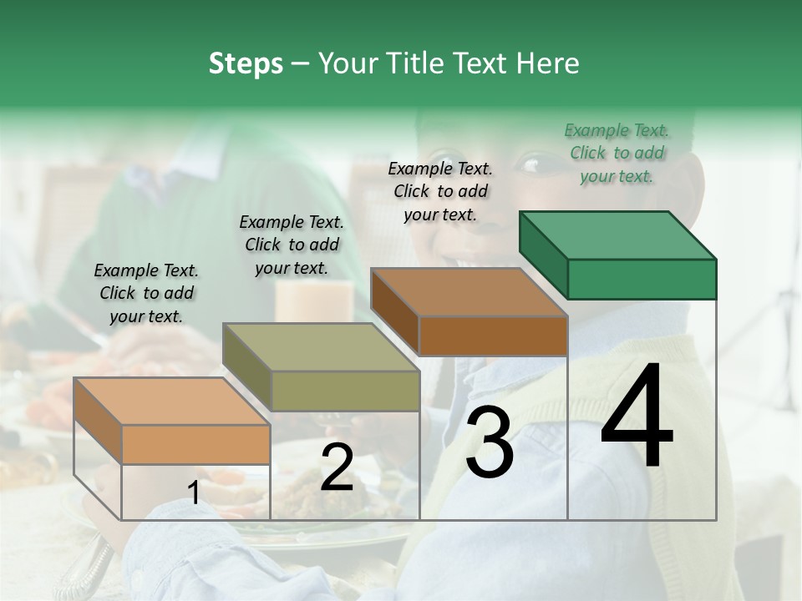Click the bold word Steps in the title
[x=246, y=63]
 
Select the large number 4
[x=637, y=417]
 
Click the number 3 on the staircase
[x=489, y=444]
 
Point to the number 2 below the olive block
[x=337, y=468]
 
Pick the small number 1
[x=193, y=493]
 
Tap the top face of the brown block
[x=469, y=292]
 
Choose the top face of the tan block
[x=171, y=402]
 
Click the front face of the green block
[x=642, y=279]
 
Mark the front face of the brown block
[x=493, y=336]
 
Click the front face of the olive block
[x=345, y=391]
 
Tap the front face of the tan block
[x=196, y=444]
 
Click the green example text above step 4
[x=617, y=153]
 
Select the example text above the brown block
[x=440, y=191]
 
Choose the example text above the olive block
[x=292, y=245]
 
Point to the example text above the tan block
[x=146, y=293]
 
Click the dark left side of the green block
[x=543, y=254]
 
